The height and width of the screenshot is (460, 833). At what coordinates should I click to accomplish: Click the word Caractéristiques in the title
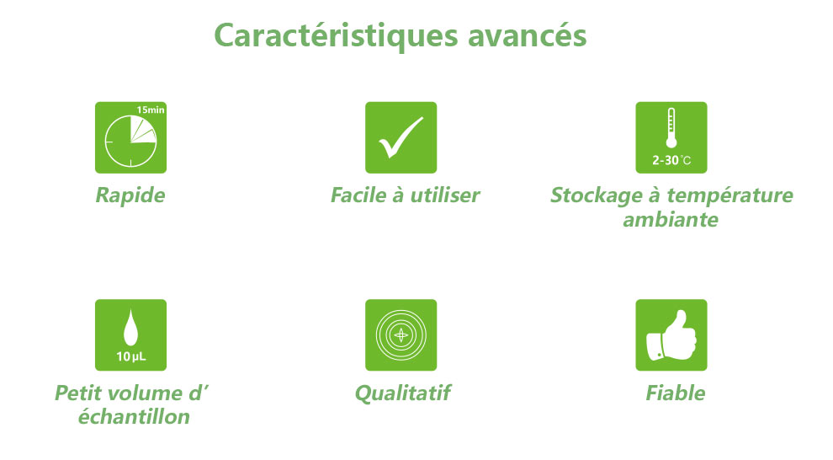(x=336, y=36)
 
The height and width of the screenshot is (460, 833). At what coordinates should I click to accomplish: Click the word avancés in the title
(x=528, y=35)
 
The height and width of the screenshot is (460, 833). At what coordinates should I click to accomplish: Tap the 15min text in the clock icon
(x=151, y=110)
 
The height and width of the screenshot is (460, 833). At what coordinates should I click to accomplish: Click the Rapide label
(x=130, y=195)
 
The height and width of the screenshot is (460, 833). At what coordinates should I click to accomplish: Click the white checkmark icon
(x=401, y=137)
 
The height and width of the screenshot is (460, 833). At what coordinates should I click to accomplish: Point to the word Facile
(x=358, y=195)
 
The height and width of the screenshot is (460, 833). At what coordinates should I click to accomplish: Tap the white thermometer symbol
(x=671, y=127)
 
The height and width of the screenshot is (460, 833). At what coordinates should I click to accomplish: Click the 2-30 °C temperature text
(x=671, y=160)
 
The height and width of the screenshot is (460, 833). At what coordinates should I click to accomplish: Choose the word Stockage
(x=596, y=195)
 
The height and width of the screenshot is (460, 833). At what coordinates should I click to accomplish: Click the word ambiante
(x=671, y=220)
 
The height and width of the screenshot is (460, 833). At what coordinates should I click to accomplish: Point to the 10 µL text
(x=130, y=356)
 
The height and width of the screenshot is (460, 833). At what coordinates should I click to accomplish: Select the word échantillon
(x=134, y=416)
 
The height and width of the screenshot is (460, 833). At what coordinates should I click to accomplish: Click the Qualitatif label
(x=402, y=393)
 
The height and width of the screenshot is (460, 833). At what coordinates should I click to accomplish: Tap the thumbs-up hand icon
(x=671, y=335)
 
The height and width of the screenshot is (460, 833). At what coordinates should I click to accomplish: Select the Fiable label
(x=675, y=393)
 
